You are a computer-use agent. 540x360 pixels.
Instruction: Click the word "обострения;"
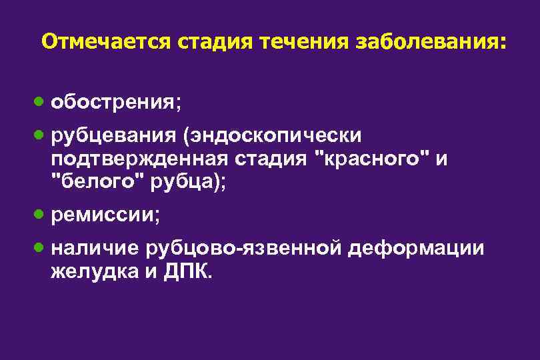coord(117,103)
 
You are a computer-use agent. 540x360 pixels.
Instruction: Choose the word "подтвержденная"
coord(138,159)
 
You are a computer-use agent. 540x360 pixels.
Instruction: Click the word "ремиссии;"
coord(106,215)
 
